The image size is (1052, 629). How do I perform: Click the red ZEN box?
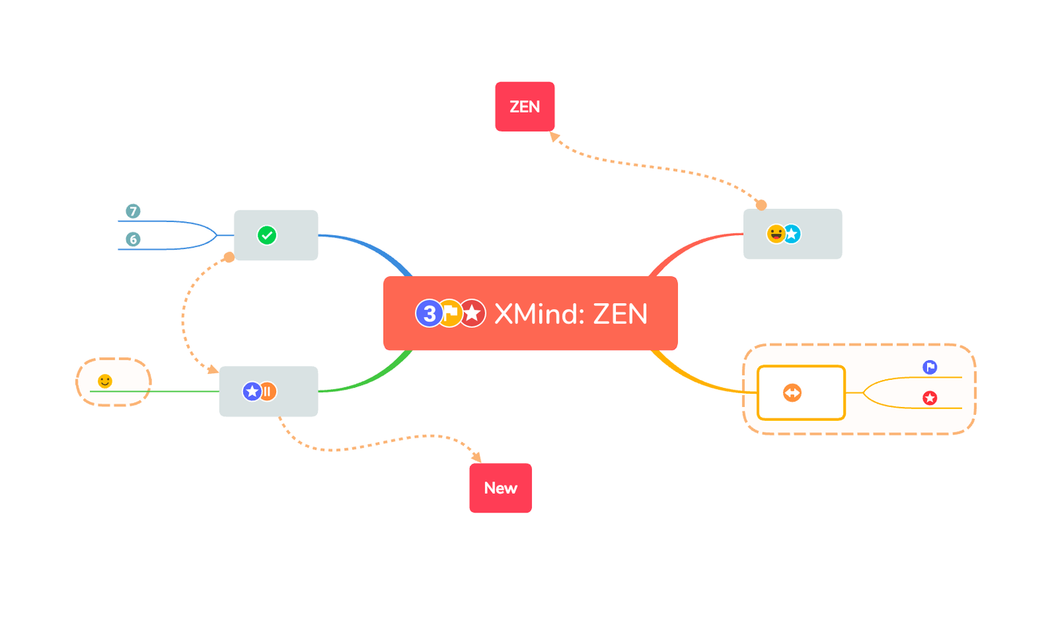click(x=525, y=107)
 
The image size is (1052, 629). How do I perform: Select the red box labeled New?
click(x=500, y=488)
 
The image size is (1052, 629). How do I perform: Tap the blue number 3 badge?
click(x=429, y=313)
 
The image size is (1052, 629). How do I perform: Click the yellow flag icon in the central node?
click(x=450, y=313)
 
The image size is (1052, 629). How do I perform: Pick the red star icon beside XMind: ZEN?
click(x=472, y=313)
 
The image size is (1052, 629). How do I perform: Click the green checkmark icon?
click(x=267, y=235)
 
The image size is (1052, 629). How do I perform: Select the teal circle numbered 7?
click(x=133, y=211)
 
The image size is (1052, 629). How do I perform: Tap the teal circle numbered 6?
click(x=133, y=239)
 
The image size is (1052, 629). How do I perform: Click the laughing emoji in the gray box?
click(x=776, y=234)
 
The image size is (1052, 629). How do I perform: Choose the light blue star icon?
click(x=792, y=234)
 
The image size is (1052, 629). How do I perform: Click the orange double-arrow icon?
click(x=792, y=393)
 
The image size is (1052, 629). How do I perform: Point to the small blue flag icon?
click(x=929, y=367)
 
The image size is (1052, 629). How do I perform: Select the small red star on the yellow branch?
click(x=929, y=398)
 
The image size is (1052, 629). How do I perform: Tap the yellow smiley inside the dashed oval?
click(x=104, y=381)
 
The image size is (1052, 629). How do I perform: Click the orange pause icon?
click(x=267, y=392)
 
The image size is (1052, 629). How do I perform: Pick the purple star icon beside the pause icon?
click(x=252, y=392)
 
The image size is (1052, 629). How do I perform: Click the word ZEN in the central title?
click(x=620, y=314)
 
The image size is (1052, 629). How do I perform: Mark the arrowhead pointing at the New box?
click(x=476, y=457)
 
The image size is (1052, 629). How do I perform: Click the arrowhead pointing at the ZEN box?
click(x=554, y=137)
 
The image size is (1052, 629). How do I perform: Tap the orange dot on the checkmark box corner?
click(x=229, y=257)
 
